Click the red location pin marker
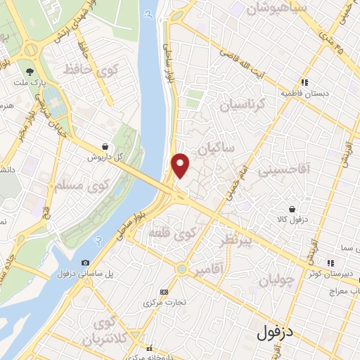(181, 165)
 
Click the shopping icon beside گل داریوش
(105, 146)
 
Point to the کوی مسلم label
(83, 186)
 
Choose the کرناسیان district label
(245, 104)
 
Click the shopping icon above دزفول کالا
(292, 209)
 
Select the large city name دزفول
(279, 330)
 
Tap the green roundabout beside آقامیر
(183, 269)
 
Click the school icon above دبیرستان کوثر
(330, 262)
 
